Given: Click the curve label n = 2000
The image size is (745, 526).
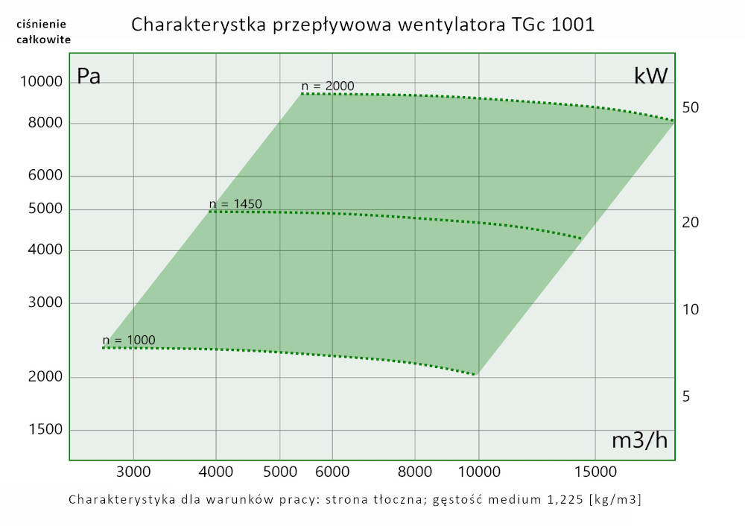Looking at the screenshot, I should [328, 86].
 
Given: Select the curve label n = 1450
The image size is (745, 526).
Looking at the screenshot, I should [235, 203].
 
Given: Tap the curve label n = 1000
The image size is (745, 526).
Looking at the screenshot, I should [129, 340].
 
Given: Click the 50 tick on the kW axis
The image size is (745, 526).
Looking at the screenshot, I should [691, 108].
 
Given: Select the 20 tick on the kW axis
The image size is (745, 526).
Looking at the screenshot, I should [691, 223].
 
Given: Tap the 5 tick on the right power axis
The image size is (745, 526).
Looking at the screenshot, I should [686, 396].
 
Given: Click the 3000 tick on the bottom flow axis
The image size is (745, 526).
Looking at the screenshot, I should [133, 472].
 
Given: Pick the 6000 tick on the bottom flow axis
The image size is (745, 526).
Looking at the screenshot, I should [332, 472].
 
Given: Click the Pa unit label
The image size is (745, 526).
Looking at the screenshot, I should [89, 77].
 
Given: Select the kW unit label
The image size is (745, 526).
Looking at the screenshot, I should [650, 75].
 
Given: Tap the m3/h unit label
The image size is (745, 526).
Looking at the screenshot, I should [639, 441].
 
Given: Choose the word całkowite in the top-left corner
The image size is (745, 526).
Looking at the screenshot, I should [43, 39].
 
